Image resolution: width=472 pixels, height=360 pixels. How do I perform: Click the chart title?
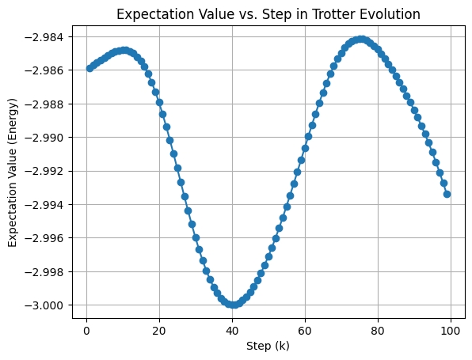[x=268, y=13]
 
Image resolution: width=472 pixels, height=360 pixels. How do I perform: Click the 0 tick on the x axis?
[x=86, y=330]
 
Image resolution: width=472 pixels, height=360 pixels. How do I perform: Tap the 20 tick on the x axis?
[x=159, y=330]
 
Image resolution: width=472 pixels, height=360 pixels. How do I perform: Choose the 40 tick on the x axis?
[x=232, y=330]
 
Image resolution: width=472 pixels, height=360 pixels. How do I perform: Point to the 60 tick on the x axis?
[x=305, y=330]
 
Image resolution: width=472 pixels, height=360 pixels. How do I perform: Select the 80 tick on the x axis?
[x=378, y=330]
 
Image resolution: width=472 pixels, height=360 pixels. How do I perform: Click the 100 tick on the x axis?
[x=451, y=330]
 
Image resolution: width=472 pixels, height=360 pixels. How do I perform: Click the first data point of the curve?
[x=89, y=68]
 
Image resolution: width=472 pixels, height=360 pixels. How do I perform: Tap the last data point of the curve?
[x=447, y=193]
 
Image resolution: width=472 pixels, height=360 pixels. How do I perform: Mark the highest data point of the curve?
[x=361, y=39]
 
